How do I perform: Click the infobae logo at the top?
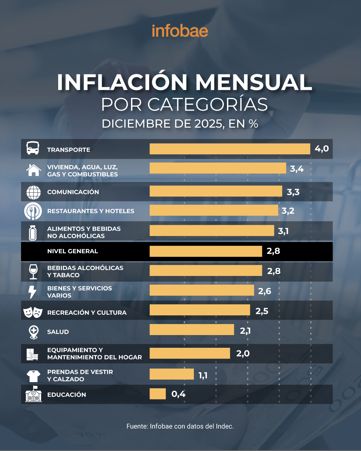tap(180, 31)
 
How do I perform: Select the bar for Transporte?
tap(230, 149)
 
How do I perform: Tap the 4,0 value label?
tap(322, 149)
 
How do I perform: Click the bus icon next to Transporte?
tap(33, 148)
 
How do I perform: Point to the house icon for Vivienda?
tap(33, 170)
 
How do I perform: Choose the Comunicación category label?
tap(73, 192)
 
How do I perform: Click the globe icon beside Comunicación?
tap(33, 192)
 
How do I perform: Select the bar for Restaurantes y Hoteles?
tap(214, 210)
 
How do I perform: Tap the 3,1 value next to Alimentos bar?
tap(283, 231)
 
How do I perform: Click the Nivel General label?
tap(73, 251)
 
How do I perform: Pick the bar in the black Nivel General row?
tap(206, 251)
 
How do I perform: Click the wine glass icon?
tap(33, 271)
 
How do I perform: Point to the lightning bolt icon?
tap(32, 292)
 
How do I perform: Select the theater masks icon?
tap(33, 312)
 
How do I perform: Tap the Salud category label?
tap(58, 332)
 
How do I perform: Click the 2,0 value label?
tap(243, 353)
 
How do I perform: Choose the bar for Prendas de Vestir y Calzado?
tap(171, 374)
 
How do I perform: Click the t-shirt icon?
tap(33, 376)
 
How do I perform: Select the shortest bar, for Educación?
tap(157, 394)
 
